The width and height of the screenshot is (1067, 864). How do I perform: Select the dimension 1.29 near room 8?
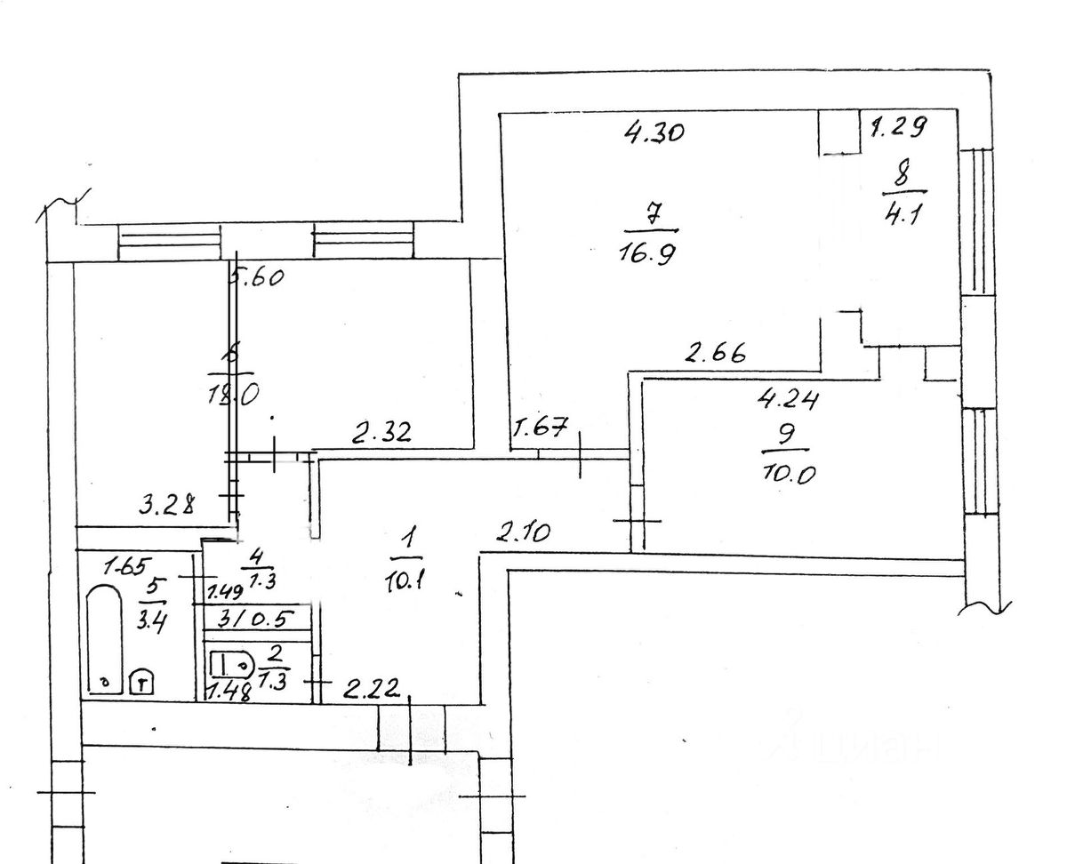point(899,127)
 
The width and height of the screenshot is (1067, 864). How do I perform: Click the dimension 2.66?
point(714,353)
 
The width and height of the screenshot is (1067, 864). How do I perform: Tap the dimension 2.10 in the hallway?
point(525,533)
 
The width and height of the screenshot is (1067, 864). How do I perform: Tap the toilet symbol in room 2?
point(230,663)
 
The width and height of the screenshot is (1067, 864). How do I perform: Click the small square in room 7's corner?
point(838,132)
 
